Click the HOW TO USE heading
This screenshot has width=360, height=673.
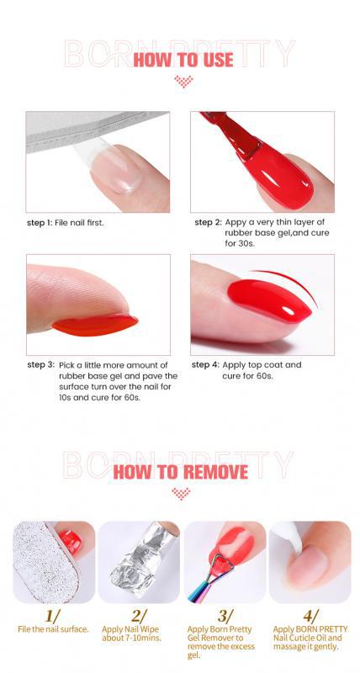click(x=183, y=60)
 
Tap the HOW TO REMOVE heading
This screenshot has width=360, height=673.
click(x=181, y=472)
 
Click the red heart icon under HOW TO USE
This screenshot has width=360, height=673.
click(x=183, y=81)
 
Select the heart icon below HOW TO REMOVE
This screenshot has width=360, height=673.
click(x=181, y=493)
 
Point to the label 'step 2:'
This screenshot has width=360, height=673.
click(x=208, y=222)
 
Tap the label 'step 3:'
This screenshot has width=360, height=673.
click(x=40, y=365)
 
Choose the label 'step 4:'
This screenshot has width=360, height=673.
click(x=205, y=365)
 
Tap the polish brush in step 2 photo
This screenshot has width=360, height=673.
click(x=231, y=134)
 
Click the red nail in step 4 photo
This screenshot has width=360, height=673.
click(x=269, y=299)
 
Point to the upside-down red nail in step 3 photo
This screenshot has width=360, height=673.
click(x=95, y=325)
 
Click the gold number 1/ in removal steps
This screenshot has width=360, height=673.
click(x=52, y=617)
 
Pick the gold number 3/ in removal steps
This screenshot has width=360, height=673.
click(x=225, y=617)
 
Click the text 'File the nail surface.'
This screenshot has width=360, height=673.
click(x=53, y=629)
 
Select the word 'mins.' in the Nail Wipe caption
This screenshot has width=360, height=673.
click(x=151, y=638)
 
